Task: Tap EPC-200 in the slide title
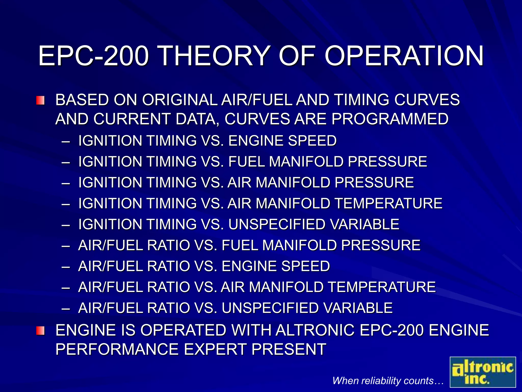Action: pos(93,56)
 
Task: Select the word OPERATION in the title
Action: pos(404,56)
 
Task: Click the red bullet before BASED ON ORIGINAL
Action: pos(40,100)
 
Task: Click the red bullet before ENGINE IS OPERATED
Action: pos(40,331)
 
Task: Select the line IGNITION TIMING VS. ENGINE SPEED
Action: pos(207,141)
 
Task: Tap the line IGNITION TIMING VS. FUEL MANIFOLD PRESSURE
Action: pos(252,162)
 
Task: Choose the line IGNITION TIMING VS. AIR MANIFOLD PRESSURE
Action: pos(246,182)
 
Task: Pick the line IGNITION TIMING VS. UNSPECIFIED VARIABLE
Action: pos(239,224)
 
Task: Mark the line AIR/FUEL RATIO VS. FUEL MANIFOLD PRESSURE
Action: pos(249,245)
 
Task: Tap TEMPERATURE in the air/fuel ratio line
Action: pos(382,287)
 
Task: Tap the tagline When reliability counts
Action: pos(388,381)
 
